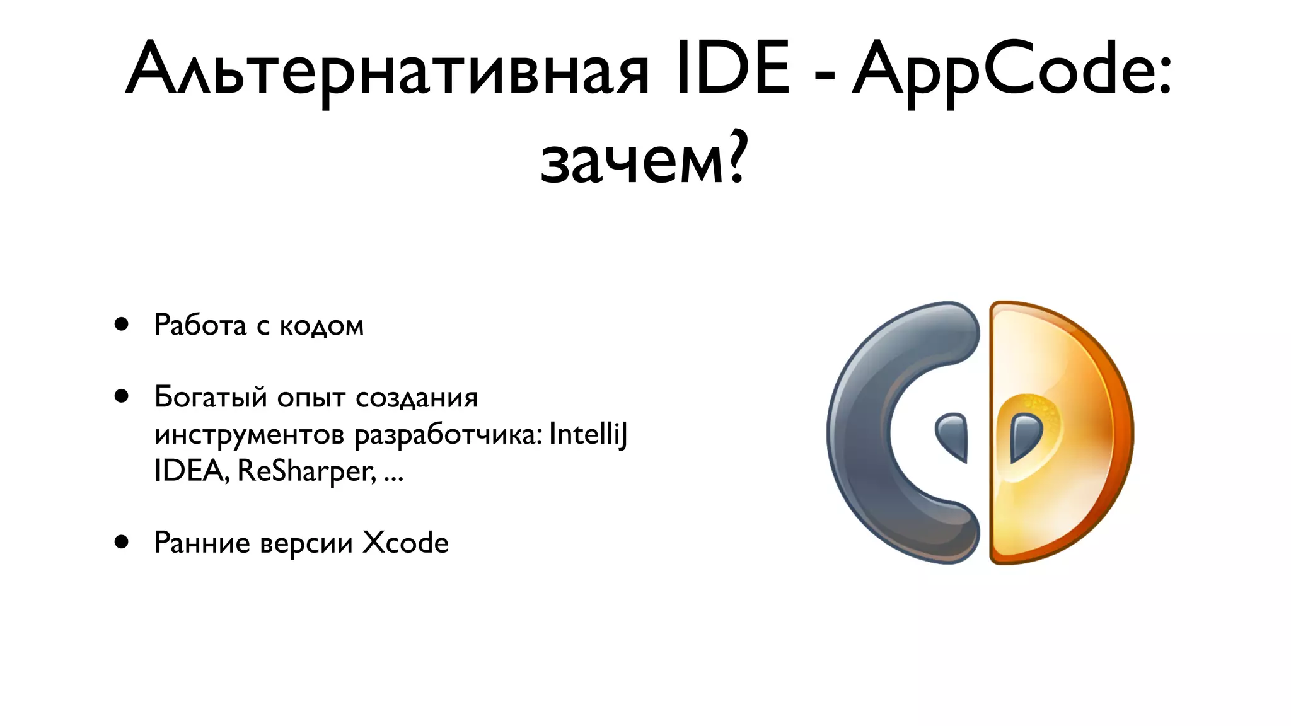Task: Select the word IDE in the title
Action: pos(732,68)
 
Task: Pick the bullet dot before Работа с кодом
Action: pos(122,325)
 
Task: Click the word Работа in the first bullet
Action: pos(200,325)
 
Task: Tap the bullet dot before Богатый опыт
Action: pos(122,396)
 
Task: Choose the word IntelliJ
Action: pos(588,435)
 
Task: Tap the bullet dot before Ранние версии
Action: pos(122,542)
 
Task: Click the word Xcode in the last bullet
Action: pos(405,543)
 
